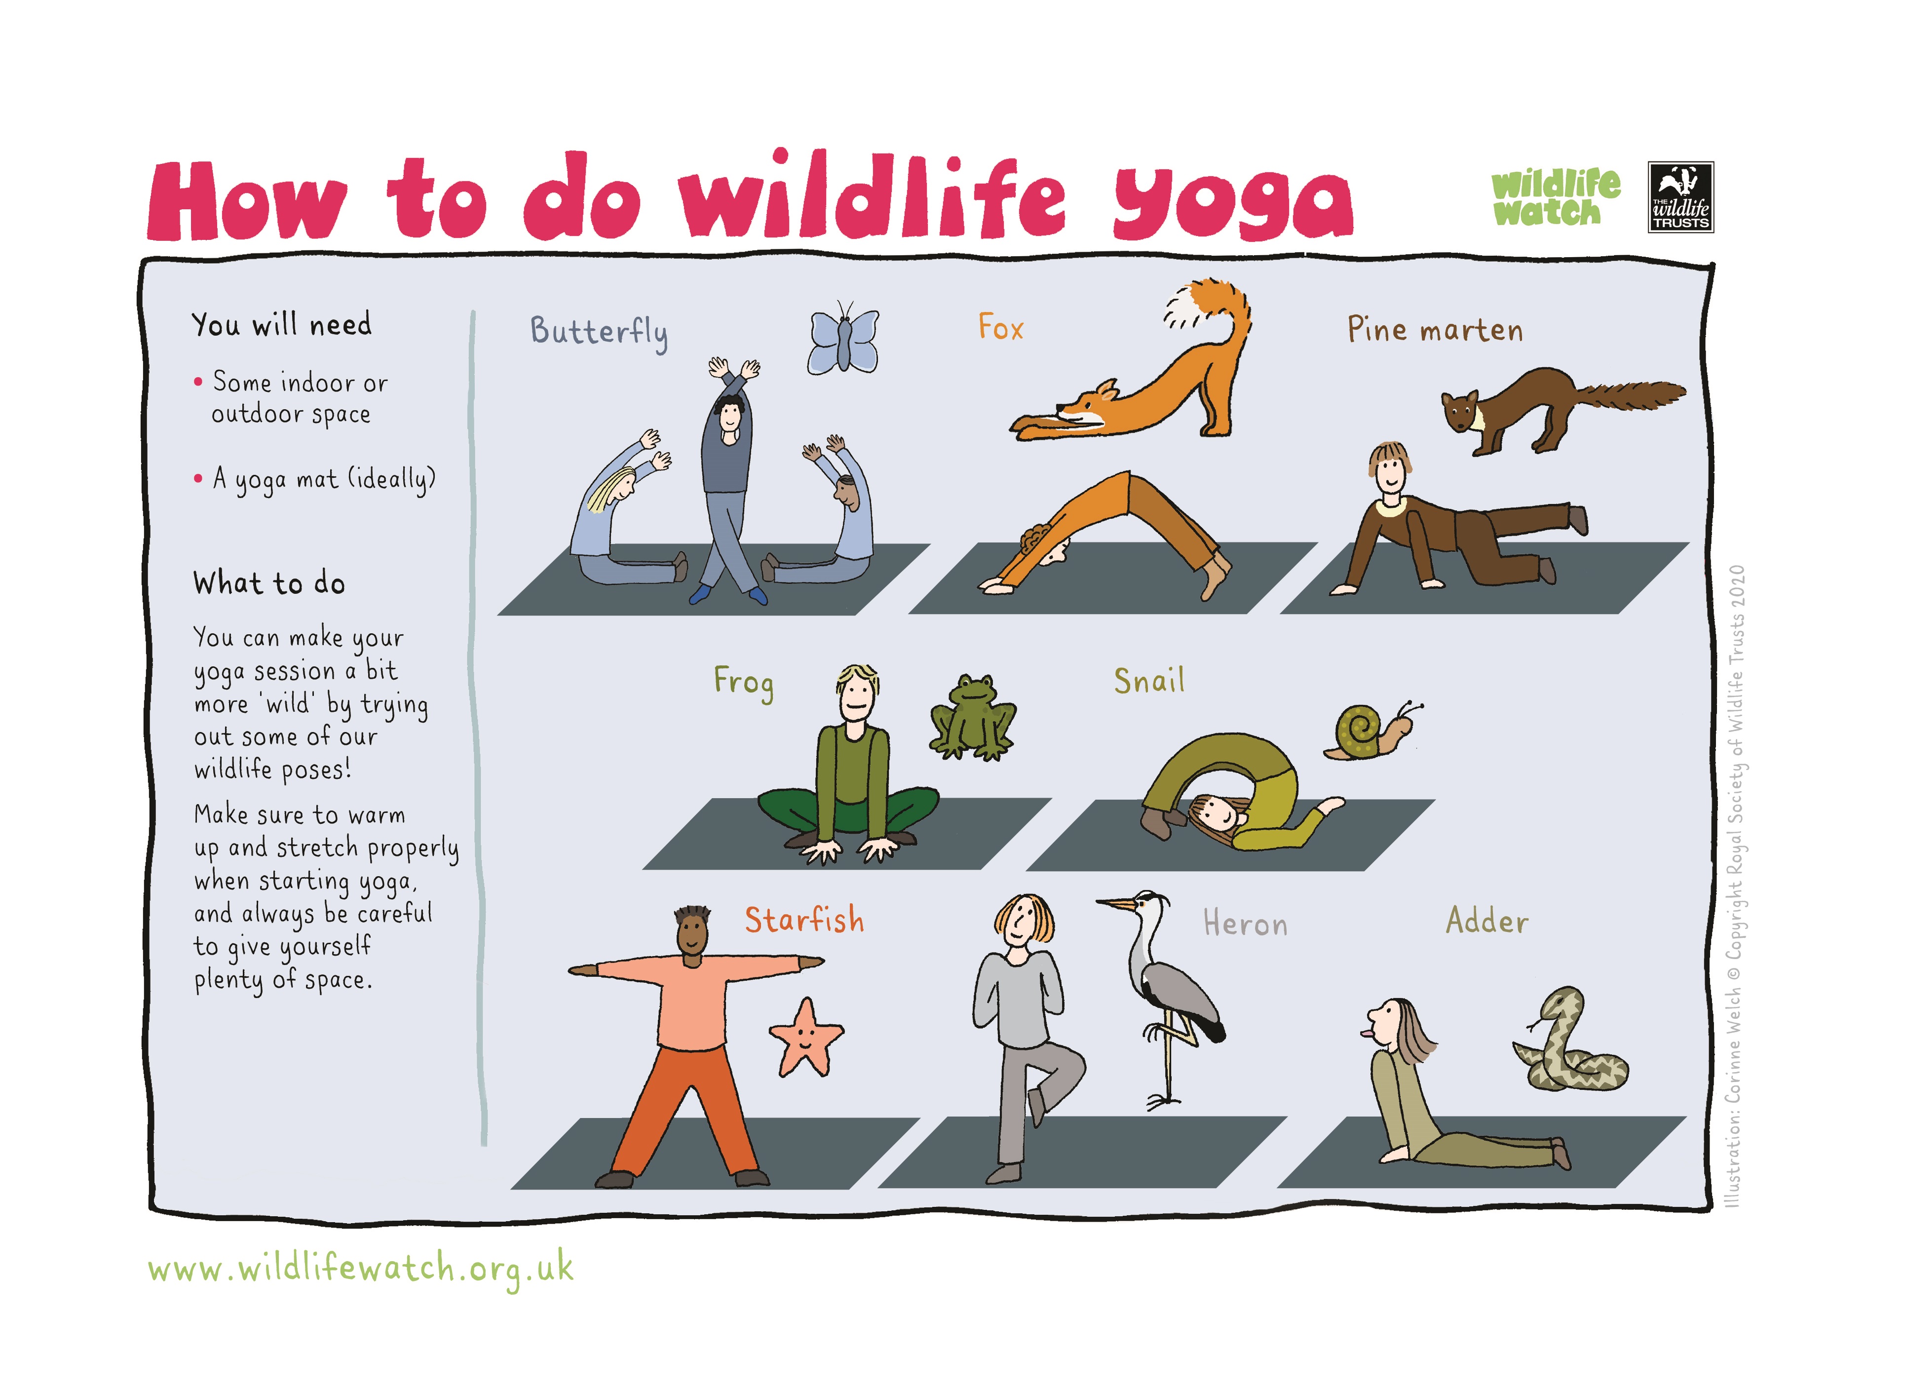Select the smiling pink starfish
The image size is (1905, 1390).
pos(806,1038)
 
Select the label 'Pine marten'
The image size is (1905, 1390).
pos(1435,329)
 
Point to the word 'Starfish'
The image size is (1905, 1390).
pos(804,920)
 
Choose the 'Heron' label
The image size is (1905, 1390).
pos(1246,923)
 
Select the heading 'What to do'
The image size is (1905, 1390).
pos(269,583)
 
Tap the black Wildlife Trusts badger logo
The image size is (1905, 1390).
pos(1680,197)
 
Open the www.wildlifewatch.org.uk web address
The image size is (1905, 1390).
pos(361,1270)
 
